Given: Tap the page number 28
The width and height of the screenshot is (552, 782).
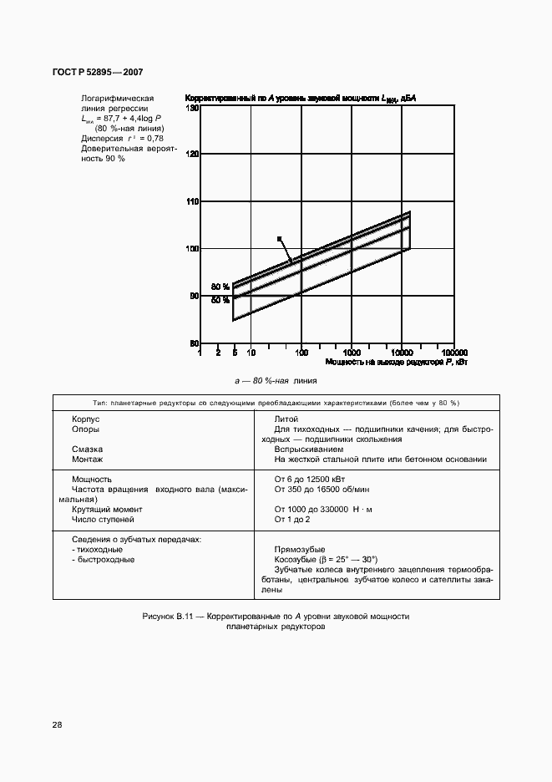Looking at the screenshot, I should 57,724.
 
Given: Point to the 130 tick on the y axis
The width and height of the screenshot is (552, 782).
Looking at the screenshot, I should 191,109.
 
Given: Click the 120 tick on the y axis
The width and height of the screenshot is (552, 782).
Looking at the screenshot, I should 191,155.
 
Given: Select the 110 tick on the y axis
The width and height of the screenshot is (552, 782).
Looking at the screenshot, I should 191,202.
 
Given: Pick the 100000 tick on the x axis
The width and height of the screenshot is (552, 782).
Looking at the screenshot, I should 454,353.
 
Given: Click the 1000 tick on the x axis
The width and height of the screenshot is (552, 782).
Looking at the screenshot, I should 352,353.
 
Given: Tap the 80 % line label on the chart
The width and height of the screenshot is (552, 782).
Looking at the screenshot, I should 220,286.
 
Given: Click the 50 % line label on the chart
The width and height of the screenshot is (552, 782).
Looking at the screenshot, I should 220,299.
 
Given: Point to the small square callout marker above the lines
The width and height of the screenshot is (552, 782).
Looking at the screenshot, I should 280,238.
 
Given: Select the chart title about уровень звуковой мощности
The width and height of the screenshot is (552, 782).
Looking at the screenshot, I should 300,99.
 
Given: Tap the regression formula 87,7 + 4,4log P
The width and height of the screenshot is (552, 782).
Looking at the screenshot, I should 117,119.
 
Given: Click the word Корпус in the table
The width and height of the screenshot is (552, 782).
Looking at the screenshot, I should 86,419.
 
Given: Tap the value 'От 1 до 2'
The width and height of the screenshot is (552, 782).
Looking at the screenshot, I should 292,519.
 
